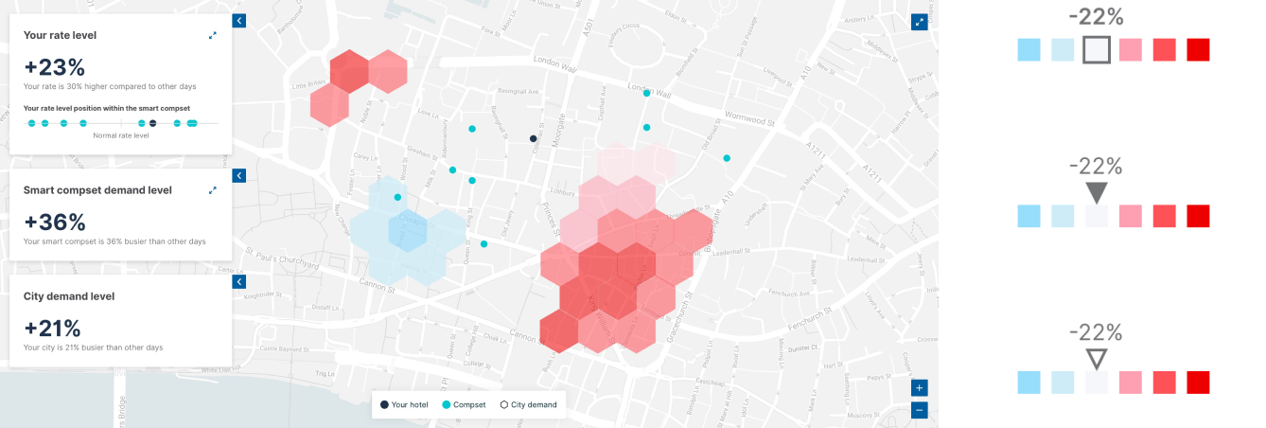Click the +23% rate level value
click(54, 67)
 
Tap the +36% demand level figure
click(55, 223)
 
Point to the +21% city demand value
click(52, 329)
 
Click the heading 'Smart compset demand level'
click(97, 190)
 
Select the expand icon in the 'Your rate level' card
click(213, 36)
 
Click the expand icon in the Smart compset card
click(213, 190)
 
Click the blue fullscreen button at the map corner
click(918, 22)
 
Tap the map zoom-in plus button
click(920, 388)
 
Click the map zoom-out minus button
click(920, 410)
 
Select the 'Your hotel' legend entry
click(404, 405)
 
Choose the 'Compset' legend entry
click(464, 405)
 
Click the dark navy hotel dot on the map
click(533, 139)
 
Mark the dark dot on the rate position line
click(152, 123)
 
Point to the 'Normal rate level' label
click(121, 135)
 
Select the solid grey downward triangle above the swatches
click(1097, 193)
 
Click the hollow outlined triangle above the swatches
click(1097, 359)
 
